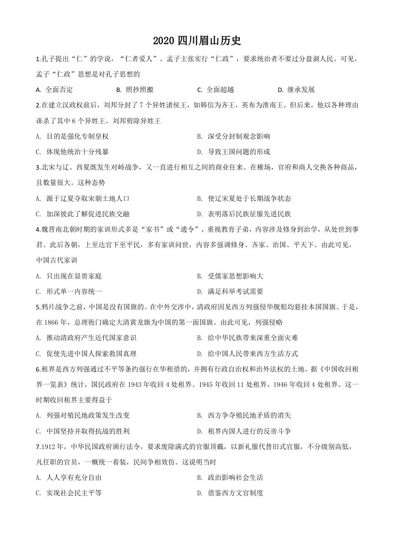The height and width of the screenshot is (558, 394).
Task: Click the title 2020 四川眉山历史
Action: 197,40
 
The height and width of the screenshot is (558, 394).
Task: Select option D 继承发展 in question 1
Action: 297,90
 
